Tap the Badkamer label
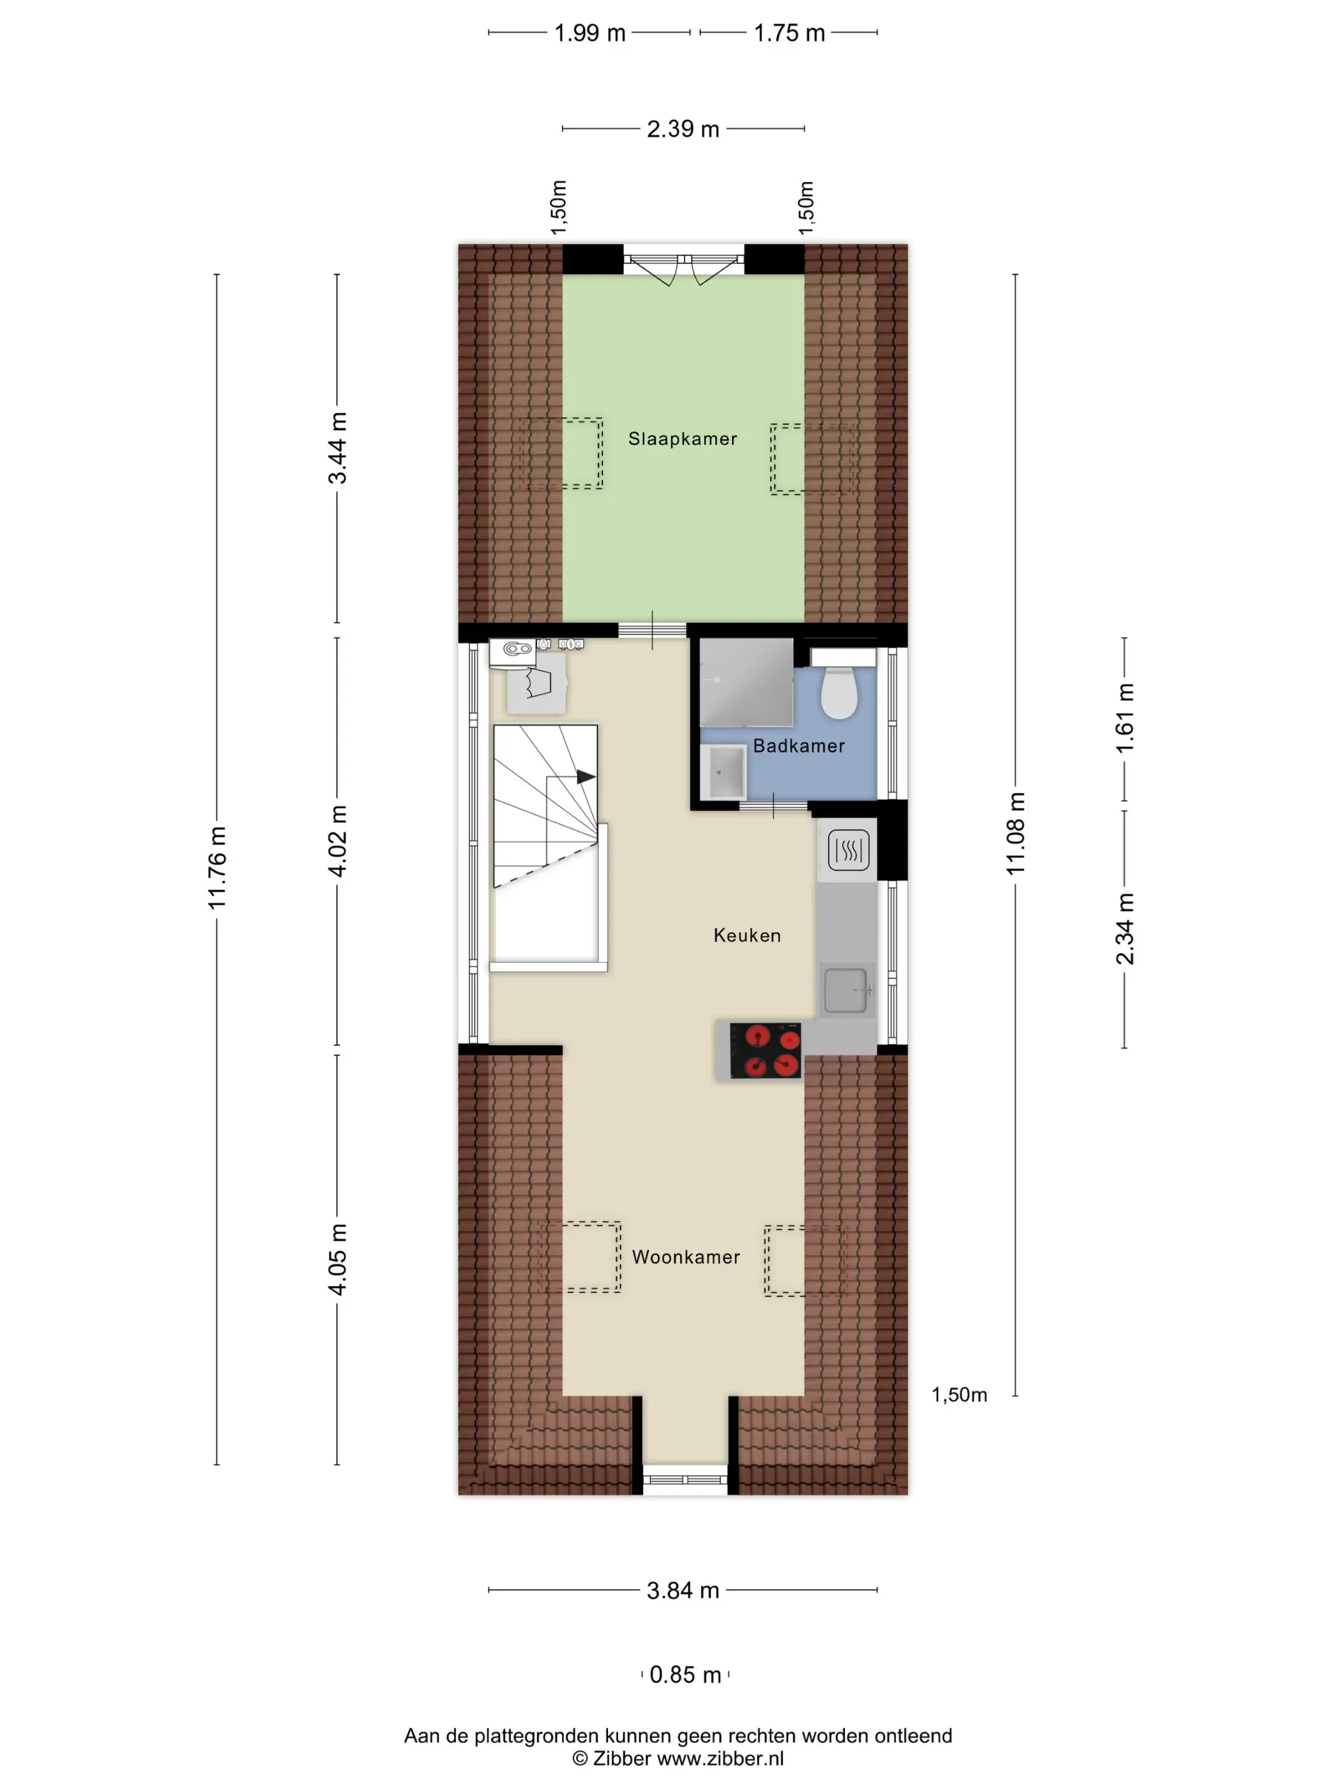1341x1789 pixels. [x=799, y=746]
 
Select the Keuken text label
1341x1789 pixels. [x=747, y=936]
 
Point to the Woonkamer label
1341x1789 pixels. [x=685, y=1257]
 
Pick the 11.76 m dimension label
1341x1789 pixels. [x=216, y=868]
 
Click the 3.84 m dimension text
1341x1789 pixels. [x=683, y=1591]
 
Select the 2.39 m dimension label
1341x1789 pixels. [x=683, y=128]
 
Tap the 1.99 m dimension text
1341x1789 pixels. [x=589, y=33]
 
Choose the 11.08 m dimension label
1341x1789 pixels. [x=1015, y=834]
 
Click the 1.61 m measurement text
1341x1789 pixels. [x=1125, y=718]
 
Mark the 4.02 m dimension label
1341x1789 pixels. [x=337, y=841]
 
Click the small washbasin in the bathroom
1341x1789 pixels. [x=724, y=772]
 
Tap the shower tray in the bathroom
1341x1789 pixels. [x=746, y=682]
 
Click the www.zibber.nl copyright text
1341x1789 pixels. [x=678, y=1758]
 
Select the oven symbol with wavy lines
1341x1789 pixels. [x=848, y=849]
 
